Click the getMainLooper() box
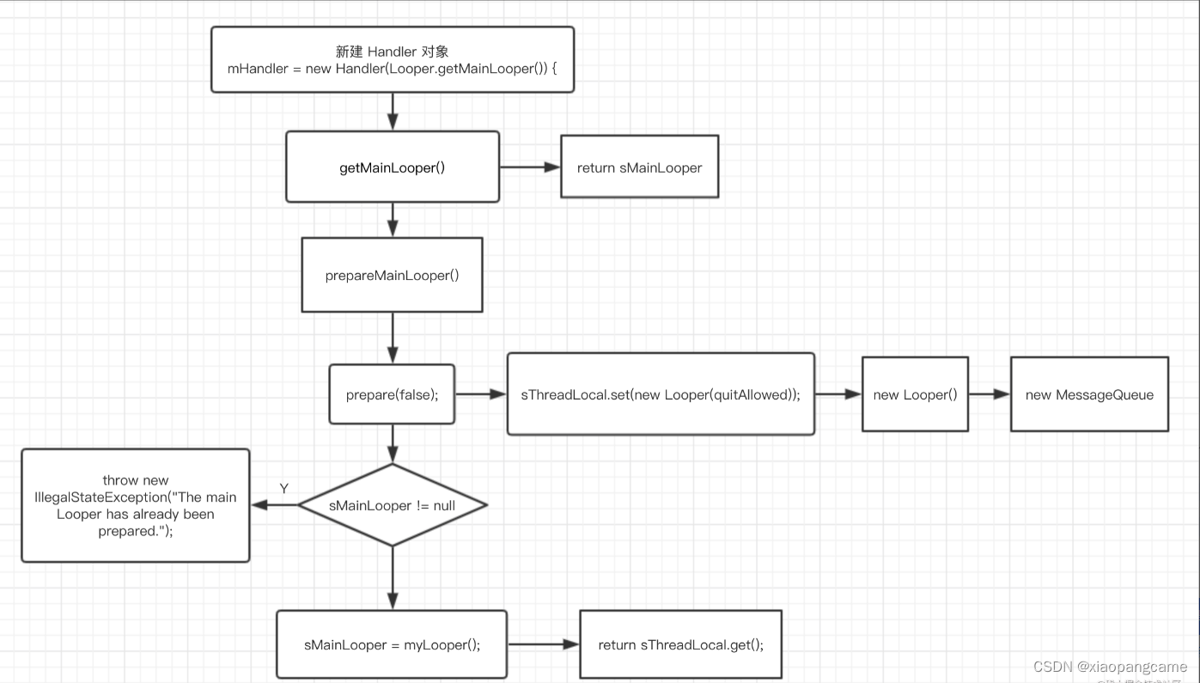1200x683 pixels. pyautogui.click(x=393, y=168)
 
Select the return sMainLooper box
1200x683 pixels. pyautogui.click(x=639, y=168)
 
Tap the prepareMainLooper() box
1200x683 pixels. pyautogui.click(x=392, y=275)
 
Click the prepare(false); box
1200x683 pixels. pyautogui.click(x=392, y=394)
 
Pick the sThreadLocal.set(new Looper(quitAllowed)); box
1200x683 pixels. pyautogui.click(x=661, y=394)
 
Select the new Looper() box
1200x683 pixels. pyautogui.click(x=915, y=394)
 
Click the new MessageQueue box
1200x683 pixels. pyautogui.click(x=1089, y=394)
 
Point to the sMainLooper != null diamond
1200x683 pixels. pyautogui.click(x=393, y=505)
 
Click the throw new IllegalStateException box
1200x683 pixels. pyautogui.click(x=136, y=505)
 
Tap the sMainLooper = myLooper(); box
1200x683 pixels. pyautogui.click(x=392, y=644)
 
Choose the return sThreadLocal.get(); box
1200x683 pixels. pyautogui.click(x=680, y=644)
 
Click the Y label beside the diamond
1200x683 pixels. pyautogui.click(x=283, y=489)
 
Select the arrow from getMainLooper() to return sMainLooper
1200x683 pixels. pyautogui.click(x=529, y=168)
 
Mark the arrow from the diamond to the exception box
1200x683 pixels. pyautogui.click(x=274, y=505)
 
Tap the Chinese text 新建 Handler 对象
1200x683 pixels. pyautogui.click(x=392, y=52)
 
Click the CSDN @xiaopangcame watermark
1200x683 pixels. pyautogui.click(x=1110, y=667)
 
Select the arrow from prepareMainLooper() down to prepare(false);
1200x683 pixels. pyautogui.click(x=393, y=338)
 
